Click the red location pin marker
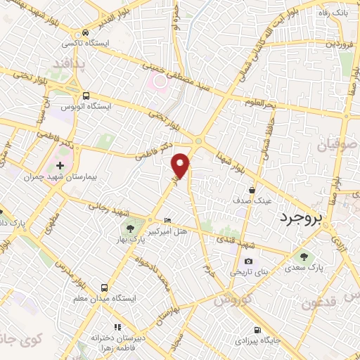[x=181, y=165]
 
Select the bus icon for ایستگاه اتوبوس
[x=86, y=95]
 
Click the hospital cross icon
[x=60, y=165]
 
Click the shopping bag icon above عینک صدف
[x=252, y=190]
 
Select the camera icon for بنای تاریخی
[x=247, y=261]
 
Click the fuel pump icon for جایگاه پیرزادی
[x=257, y=330]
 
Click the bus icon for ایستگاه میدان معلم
[x=104, y=288]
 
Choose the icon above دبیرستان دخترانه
[x=117, y=327]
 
